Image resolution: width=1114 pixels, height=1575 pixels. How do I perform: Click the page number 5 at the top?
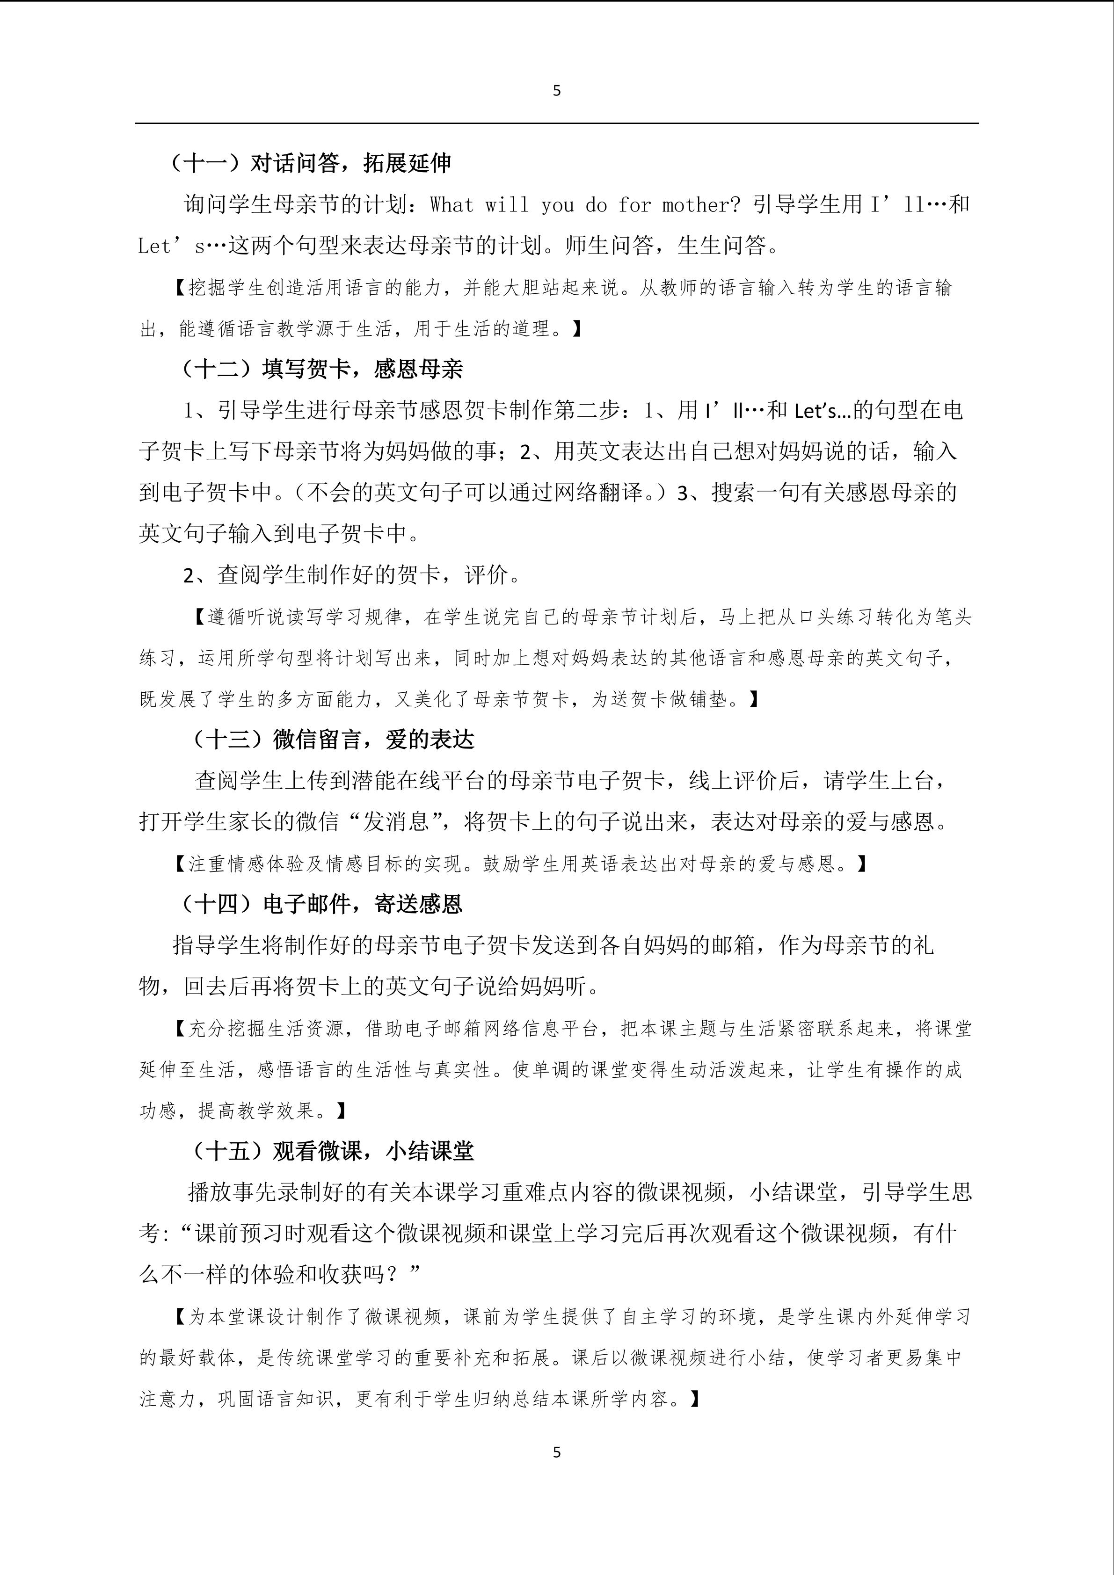click(556, 91)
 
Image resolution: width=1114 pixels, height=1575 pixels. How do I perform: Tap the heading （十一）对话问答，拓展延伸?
click(310, 163)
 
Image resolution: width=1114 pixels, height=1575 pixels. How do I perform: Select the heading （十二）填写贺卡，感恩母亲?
click(321, 369)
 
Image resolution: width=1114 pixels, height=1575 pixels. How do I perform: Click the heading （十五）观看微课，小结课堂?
click(332, 1150)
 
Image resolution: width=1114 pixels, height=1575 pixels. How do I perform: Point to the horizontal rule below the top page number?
click(556, 123)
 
